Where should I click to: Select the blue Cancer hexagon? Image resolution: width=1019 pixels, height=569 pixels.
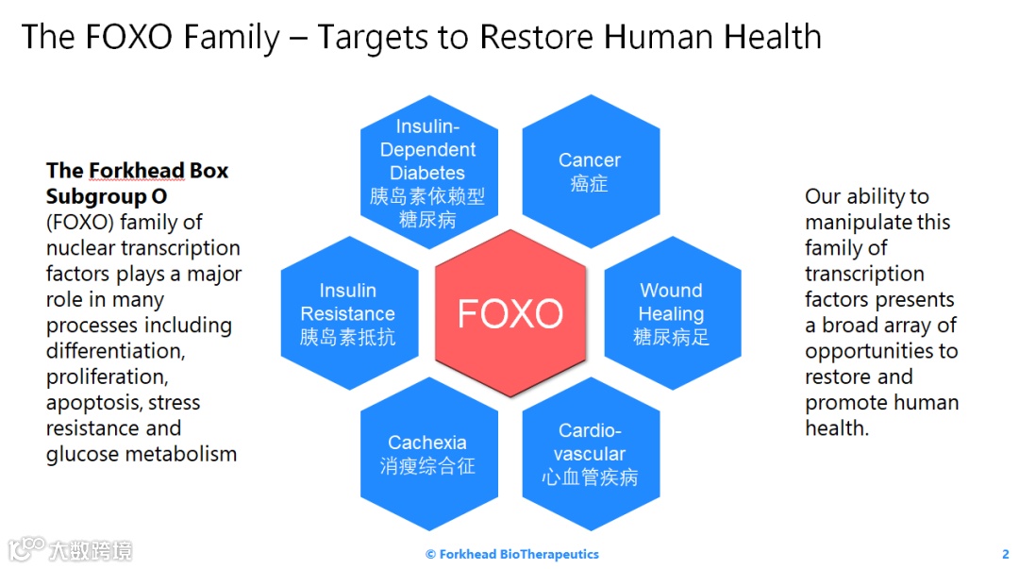(x=590, y=171)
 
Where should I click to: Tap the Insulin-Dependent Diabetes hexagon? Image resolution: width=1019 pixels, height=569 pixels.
(x=428, y=172)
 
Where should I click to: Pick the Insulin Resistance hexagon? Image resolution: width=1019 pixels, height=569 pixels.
(x=348, y=313)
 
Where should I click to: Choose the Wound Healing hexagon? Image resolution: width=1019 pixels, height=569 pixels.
(x=672, y=313)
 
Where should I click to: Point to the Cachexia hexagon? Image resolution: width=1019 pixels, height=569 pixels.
(x=428, y=454)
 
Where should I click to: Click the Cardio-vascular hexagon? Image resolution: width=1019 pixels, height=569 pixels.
(x=590, y=454)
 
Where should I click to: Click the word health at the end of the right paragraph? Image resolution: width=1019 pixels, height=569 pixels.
(x=835, y=428)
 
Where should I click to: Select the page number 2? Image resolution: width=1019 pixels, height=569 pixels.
(x=1005, y=554)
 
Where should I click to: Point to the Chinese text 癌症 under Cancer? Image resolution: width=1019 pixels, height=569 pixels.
(x=590, y=184)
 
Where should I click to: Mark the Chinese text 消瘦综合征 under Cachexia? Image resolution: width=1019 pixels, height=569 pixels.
(x=427, y=466)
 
